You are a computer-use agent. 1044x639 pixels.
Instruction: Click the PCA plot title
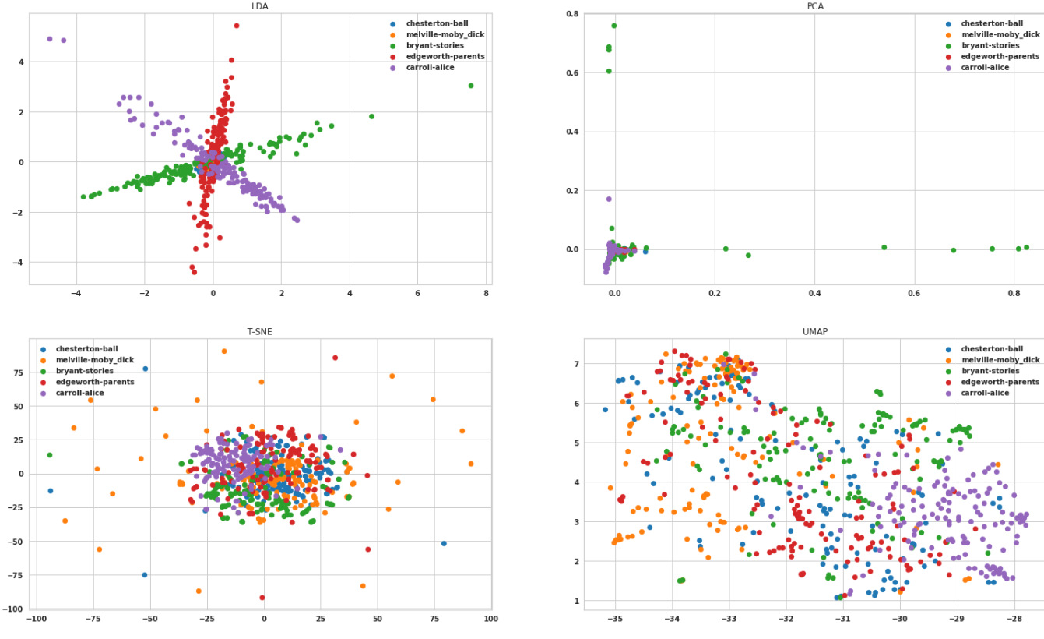pos(814,6)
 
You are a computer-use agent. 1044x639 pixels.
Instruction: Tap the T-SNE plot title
pos(259,331)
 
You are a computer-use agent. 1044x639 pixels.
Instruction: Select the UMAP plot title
pos(814,331)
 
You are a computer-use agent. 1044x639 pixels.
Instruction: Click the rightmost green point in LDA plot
pos(470,86)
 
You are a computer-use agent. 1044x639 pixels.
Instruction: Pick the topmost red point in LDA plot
pos(237,26)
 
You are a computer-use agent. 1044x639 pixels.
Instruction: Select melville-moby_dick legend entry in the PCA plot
pos(1000,34)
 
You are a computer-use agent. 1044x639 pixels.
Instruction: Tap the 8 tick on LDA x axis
pos(486,294)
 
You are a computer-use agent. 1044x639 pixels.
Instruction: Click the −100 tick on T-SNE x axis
pos(36,619)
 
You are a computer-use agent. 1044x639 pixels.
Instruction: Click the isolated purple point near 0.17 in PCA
pos(609,199)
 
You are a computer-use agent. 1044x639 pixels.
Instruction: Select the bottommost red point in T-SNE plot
pos(262,598)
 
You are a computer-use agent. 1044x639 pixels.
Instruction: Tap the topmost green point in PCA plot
pos(613,26)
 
